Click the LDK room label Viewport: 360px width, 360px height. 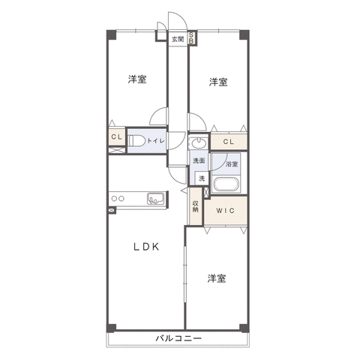146,247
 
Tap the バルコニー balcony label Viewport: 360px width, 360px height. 178,338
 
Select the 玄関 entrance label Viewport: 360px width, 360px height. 178,39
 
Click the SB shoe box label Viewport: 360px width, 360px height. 190,37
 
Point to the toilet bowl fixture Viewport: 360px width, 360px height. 136,141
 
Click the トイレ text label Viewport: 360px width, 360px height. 156,141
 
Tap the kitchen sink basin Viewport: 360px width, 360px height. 155,199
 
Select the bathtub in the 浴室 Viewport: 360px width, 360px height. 226,184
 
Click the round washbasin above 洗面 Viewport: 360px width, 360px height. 199,143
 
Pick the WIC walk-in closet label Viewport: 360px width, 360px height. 225,211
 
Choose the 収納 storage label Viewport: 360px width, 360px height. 196,206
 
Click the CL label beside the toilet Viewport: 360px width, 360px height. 116,136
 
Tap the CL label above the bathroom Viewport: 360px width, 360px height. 229,142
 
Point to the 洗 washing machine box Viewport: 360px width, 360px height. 202,178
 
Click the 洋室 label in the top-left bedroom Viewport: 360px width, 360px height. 137,79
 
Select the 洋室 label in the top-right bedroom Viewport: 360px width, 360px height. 218,82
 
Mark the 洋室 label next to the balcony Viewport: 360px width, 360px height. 217,278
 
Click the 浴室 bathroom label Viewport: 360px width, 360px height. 232,164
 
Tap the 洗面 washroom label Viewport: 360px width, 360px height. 199,160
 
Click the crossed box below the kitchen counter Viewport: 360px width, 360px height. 112,211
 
